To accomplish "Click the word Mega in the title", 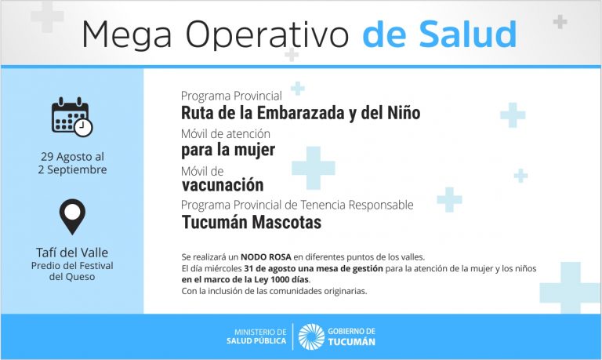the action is point(127,35).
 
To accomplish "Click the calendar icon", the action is point(72,117).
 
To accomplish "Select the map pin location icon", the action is point(72,216).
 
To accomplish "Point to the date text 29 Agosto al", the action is point(73,157).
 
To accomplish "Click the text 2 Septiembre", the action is point(73,170).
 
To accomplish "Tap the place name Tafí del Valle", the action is point(72,253).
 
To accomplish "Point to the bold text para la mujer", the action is point(228,150).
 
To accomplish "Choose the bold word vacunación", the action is point(223,185).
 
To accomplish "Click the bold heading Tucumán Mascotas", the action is point(252,222).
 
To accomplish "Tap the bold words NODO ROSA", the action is point(266,257).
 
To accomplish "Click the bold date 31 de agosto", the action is point(270,268).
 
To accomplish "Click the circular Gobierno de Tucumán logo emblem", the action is point(311,336).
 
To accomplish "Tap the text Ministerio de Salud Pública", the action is point(256,336).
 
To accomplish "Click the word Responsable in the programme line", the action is point(381,205).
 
